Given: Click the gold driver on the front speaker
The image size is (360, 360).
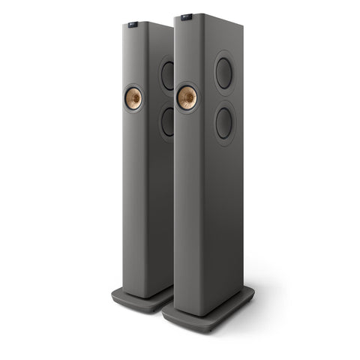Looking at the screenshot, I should coord(187,97).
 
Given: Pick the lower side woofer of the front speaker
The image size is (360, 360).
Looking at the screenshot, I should coord(223,122).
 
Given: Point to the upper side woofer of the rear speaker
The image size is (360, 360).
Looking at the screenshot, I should coord(168,74).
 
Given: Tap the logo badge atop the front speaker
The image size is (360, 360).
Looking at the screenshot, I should coord(186,15).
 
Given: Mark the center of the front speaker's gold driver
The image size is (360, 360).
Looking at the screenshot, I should coord(187,97).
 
